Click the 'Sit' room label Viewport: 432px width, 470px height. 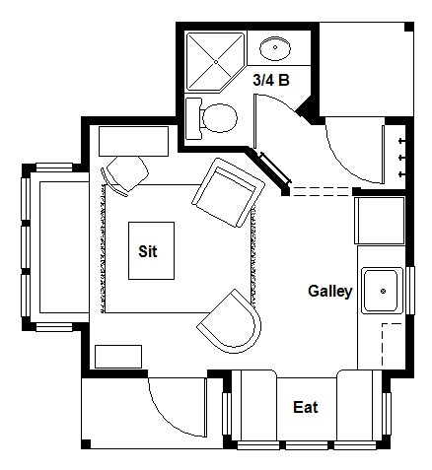(x=148, y=251)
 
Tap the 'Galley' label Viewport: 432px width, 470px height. (x=330, y=292)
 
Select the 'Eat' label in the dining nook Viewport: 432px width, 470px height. (x=306, y=407)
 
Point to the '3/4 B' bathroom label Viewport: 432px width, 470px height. (x=271, y=80)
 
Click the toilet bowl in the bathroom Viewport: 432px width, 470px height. (x=219, y=118)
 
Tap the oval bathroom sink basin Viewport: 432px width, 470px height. (x=275, y=48)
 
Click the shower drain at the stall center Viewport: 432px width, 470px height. (x=216, y=62)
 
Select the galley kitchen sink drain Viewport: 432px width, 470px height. (x=383, y=291)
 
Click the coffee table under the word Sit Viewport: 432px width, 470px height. (x=151, y=251)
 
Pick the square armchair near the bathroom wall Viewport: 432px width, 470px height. (x=229, y=192)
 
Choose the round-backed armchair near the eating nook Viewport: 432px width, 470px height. (x=230, y=321)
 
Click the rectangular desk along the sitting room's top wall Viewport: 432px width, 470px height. (x=134, y=141)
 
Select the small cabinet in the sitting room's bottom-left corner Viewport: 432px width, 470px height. (x=118, y=357)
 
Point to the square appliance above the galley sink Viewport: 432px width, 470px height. (x=380, y=221)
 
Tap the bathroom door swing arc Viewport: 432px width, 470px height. (x=279, y=101)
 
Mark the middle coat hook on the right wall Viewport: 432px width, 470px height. (x=401, y=158)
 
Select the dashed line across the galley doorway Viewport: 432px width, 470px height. (x=324, y=191)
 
